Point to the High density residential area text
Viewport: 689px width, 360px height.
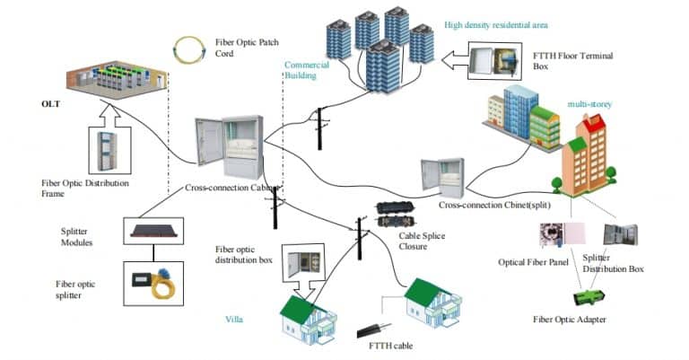(x=496, y=24)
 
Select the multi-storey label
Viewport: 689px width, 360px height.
(x=588, y=104)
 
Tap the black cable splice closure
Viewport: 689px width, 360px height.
(x=397, y=215)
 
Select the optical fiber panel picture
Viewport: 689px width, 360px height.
(x=552, y=235)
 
